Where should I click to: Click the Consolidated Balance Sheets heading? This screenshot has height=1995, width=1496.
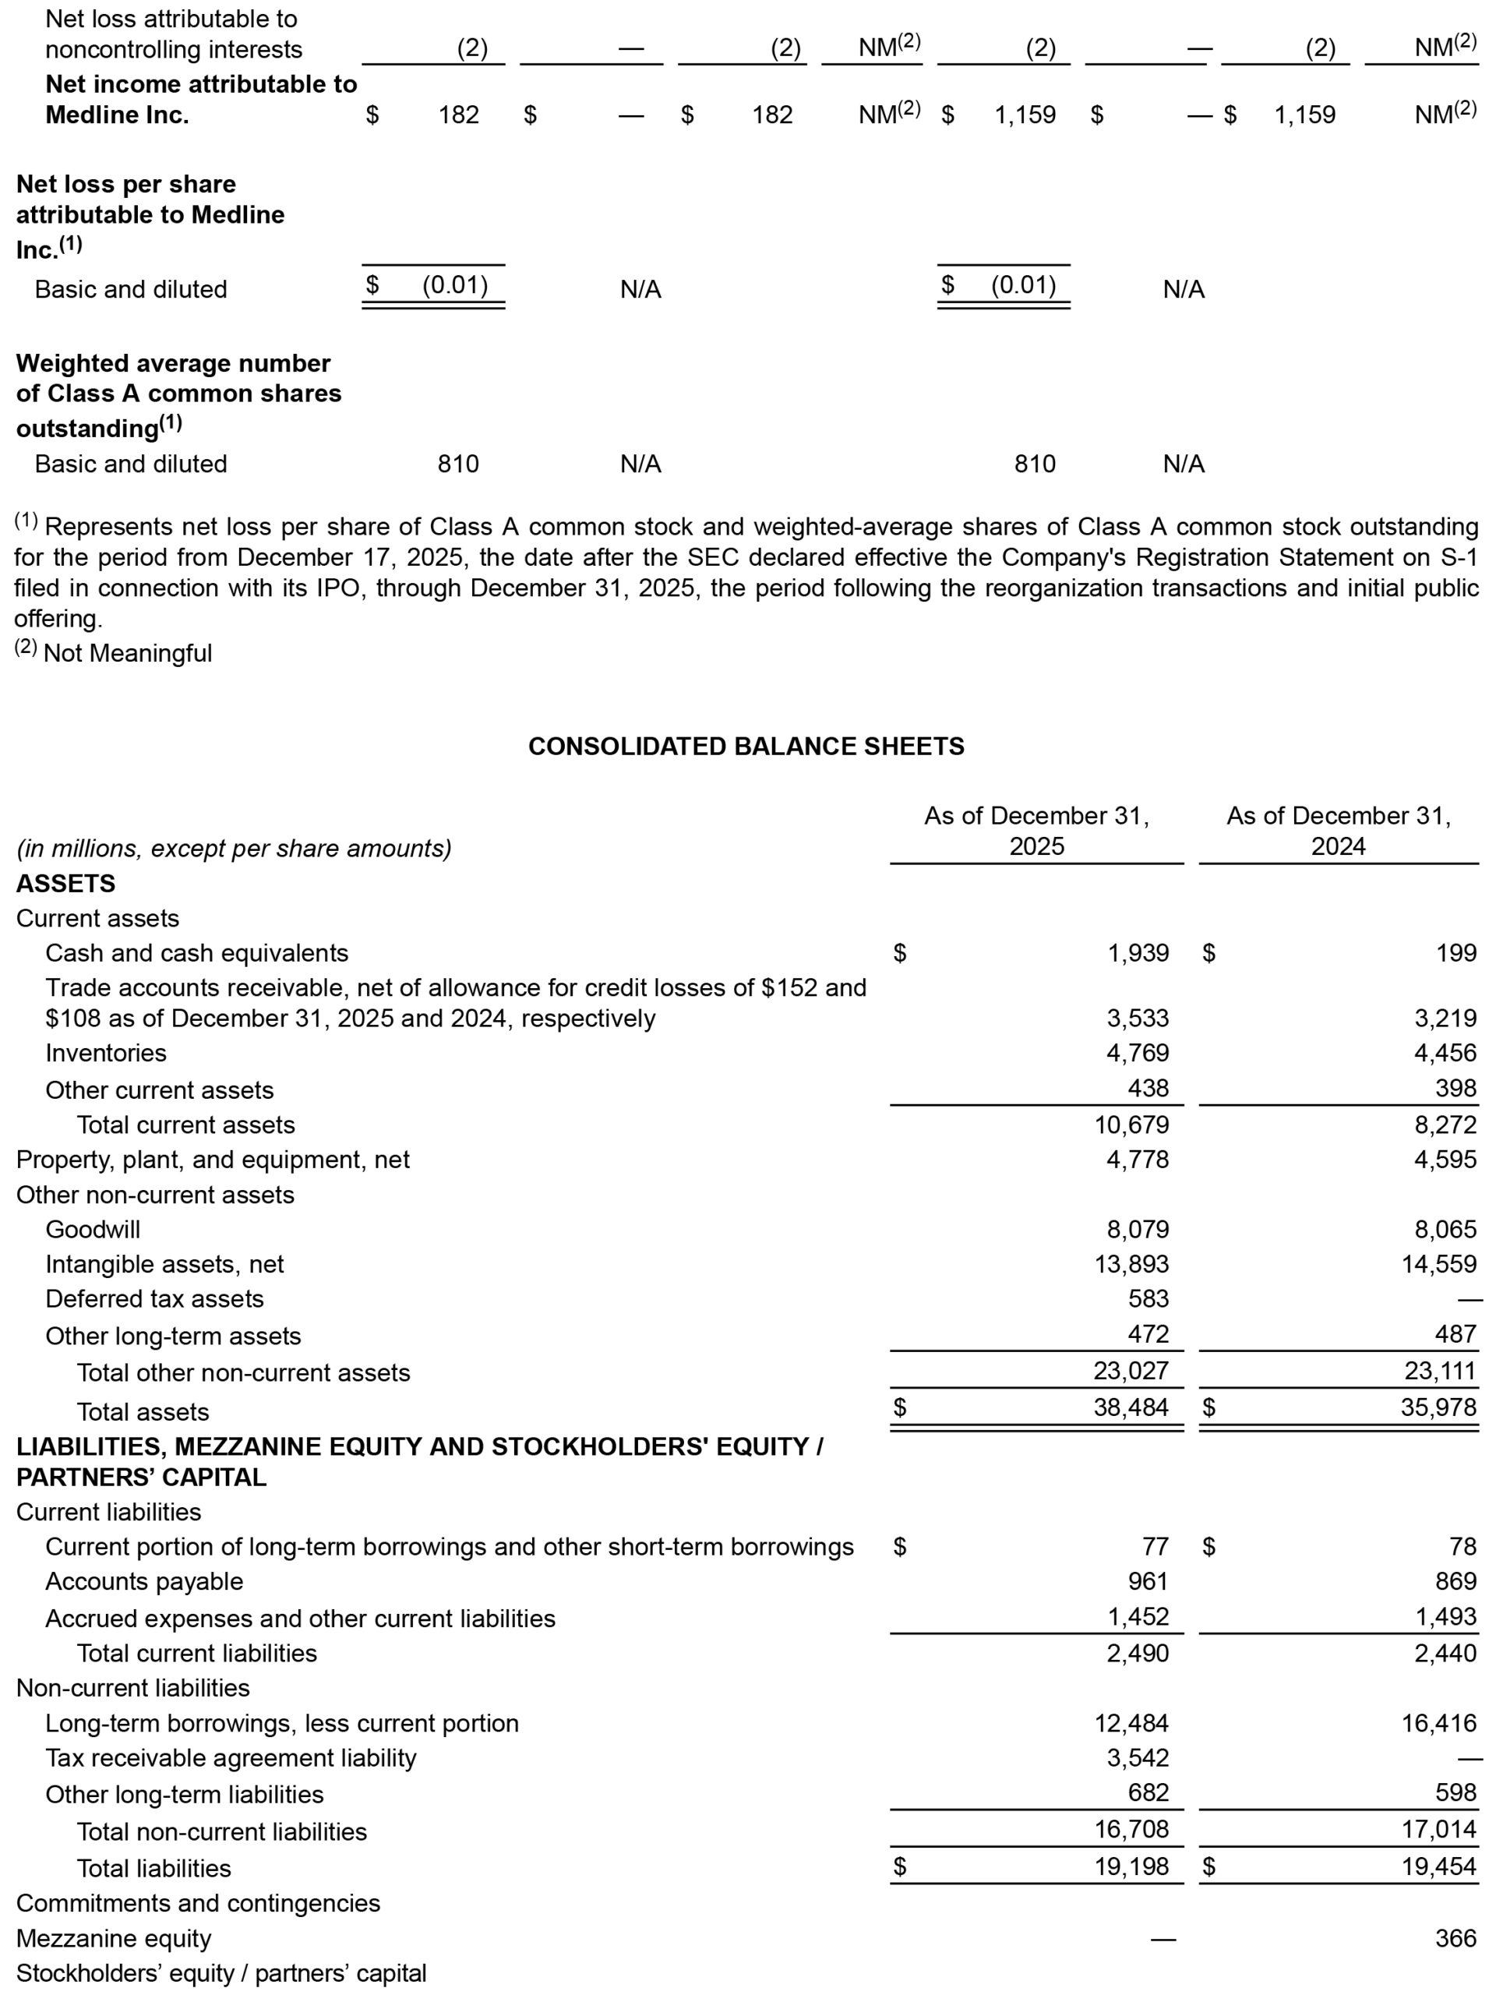[746, 746]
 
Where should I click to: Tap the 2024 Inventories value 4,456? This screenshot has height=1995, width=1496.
[1445, 1053]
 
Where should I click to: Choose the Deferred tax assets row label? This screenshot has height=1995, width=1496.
[154, 1299]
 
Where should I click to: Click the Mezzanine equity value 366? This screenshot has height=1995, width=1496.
[1455, 1938]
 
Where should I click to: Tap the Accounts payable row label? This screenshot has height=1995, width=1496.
[144, 1581]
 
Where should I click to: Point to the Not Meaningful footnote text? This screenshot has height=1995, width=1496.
[127, 653]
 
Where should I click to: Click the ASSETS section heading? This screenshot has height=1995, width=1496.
[65, 883]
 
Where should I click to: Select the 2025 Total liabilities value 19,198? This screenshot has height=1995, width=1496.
[1131, 1866]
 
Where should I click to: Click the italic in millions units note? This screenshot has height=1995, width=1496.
[235, 848]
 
